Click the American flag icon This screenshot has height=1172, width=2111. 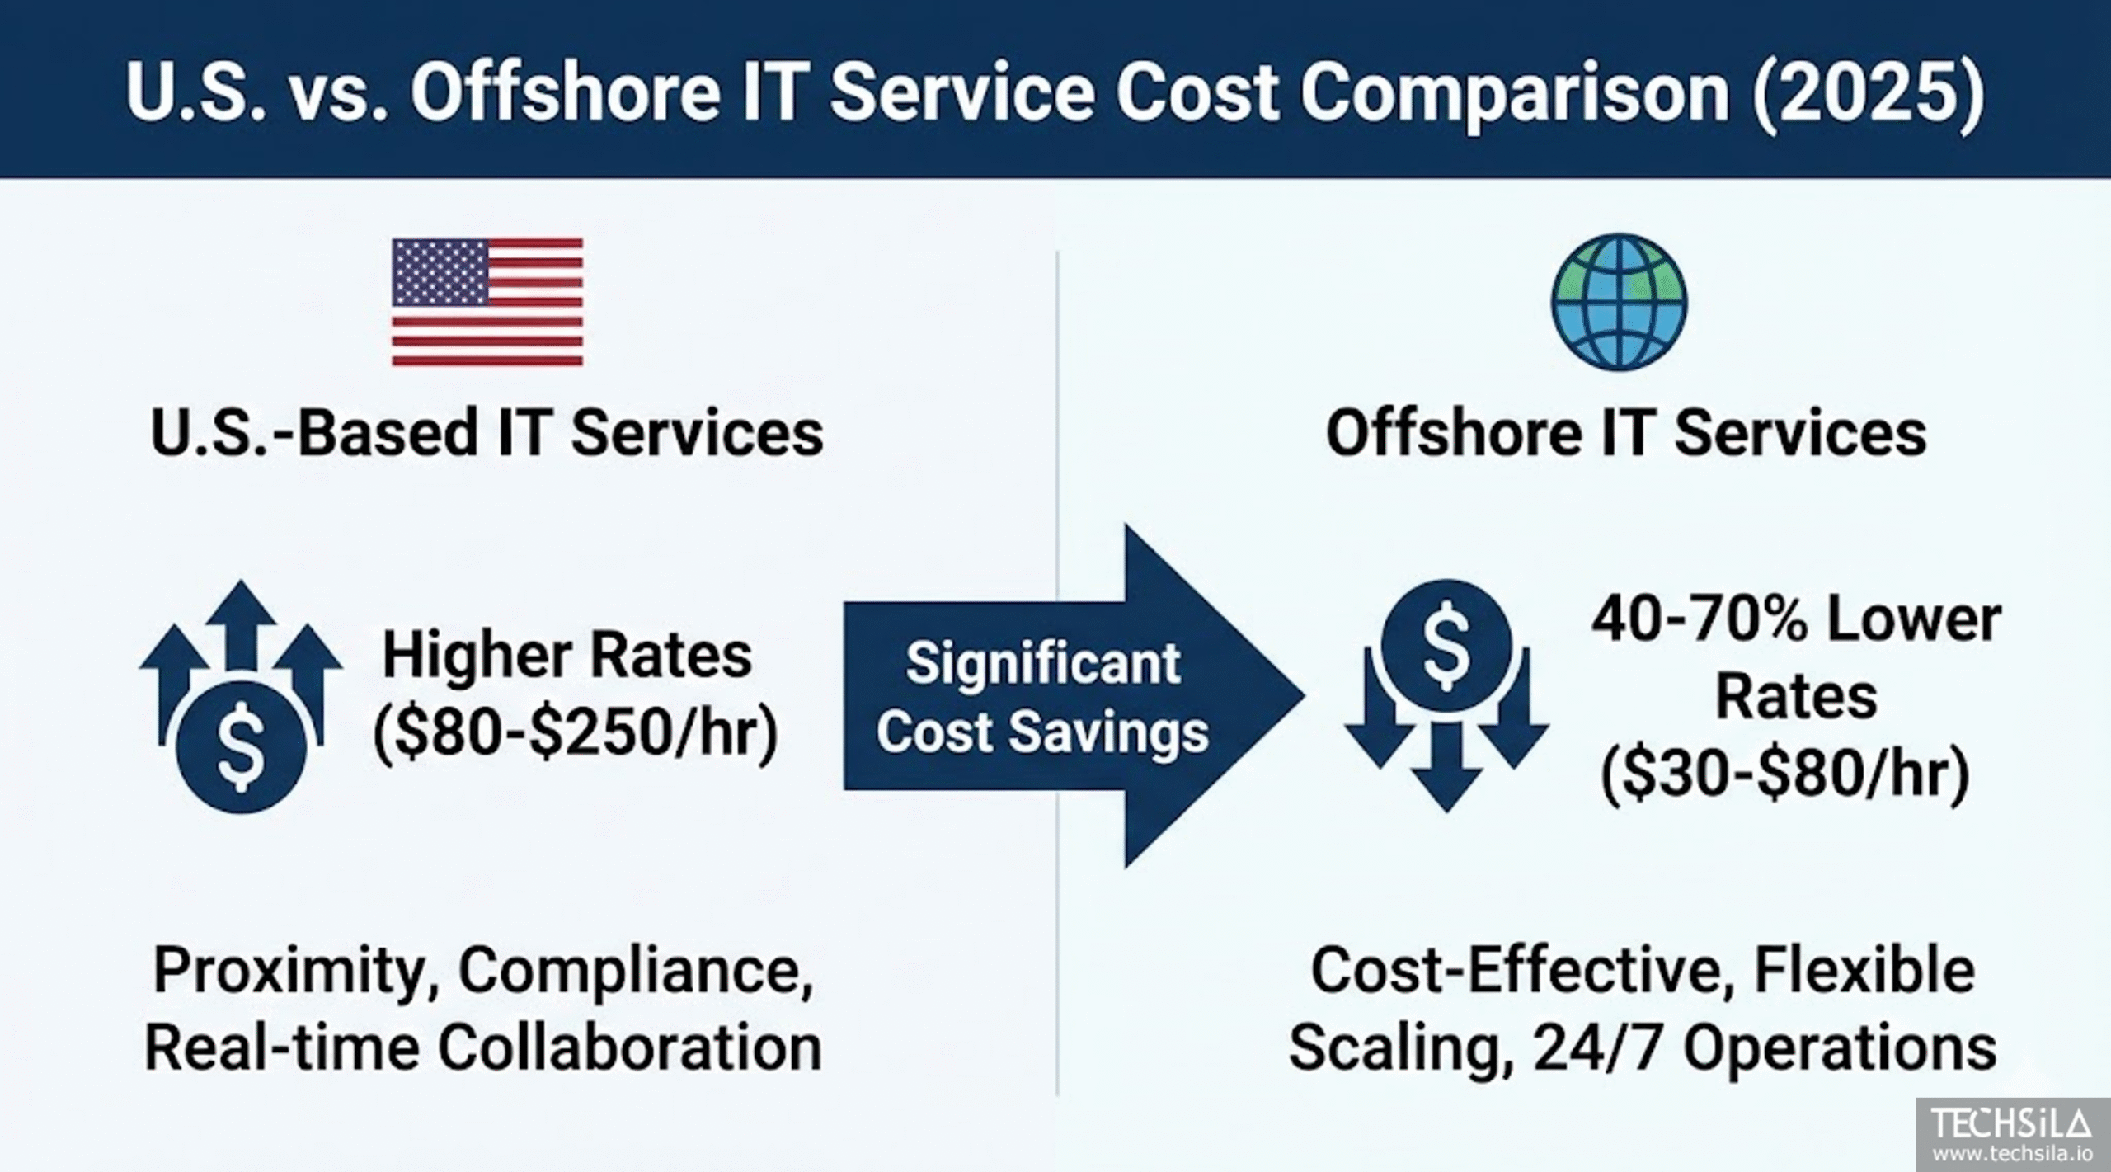point(487,302)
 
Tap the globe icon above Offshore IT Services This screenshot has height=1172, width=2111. point(1619,301)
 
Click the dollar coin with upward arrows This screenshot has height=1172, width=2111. point(241,697)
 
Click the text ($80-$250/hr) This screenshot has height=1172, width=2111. point(576,733)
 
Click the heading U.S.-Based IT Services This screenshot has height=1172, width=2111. point(487,433)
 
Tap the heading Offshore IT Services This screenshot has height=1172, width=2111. point(1626,433)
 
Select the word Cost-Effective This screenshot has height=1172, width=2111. point(1516,971)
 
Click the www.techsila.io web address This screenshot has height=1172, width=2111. point(2012,1153)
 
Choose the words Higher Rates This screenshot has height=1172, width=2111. point(567,657)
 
